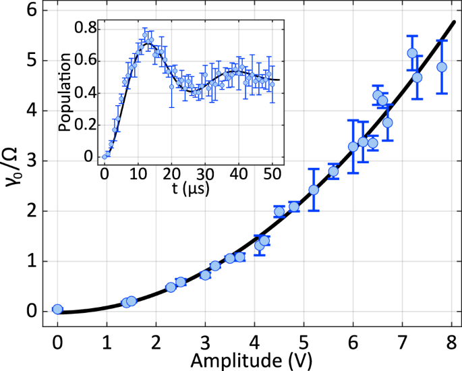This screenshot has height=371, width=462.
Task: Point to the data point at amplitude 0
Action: click(x=57, y=309)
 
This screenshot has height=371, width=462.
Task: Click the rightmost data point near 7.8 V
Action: click(x=442, y=67)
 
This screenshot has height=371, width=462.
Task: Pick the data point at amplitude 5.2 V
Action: click(x=314, y=190)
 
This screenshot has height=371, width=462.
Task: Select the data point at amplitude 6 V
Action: click(x=353, y=146)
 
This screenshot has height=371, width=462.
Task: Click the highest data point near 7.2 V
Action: click(x=412, y=53)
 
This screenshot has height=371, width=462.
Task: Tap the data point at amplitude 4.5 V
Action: click(x=279, y=212)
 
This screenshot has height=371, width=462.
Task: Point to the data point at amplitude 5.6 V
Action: click(x=333, y=171)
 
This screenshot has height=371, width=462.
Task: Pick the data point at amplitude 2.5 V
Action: click(x=181, y=282)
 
